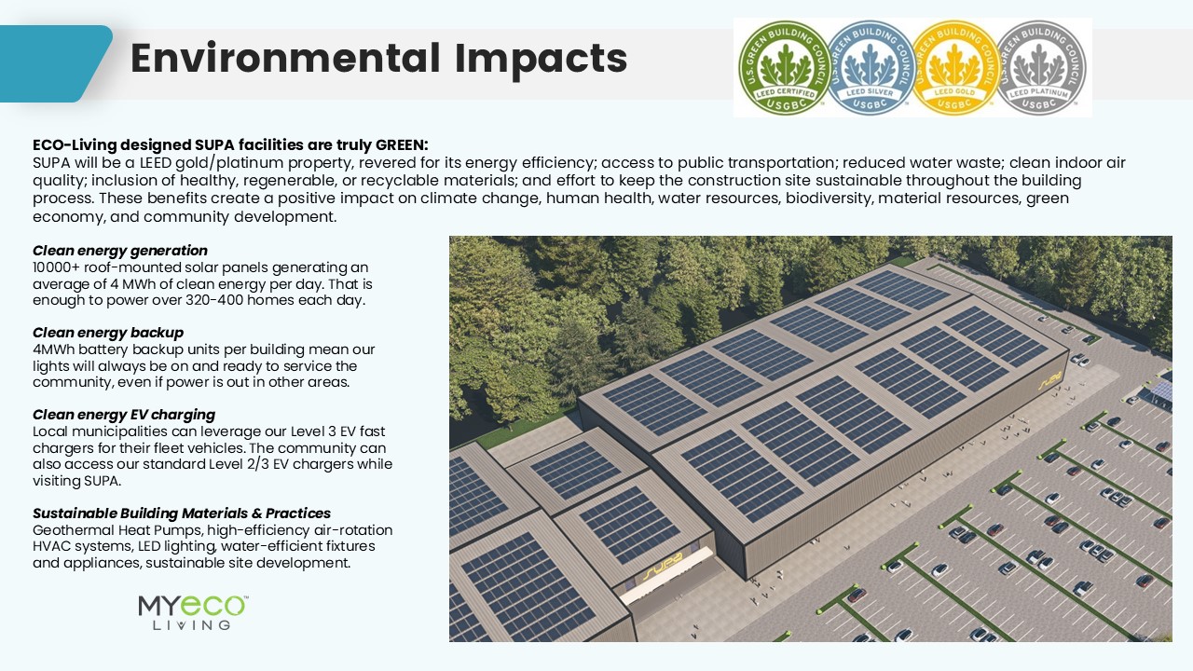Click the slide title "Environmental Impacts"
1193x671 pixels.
tap(377, 59)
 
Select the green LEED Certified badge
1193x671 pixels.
tap(783, 67)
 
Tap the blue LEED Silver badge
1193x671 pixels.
tap(870, 67)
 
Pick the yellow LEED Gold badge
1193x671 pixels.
tap(954, 67)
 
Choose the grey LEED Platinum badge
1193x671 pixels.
tap(1040, 67)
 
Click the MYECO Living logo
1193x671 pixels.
tap(193, 612)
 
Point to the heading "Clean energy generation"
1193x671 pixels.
tap(120, 251)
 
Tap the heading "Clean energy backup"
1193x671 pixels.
tap(108, 333)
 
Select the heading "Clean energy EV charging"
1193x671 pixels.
tap(124, 415)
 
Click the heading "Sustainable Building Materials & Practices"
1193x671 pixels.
tap(182, 514)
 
